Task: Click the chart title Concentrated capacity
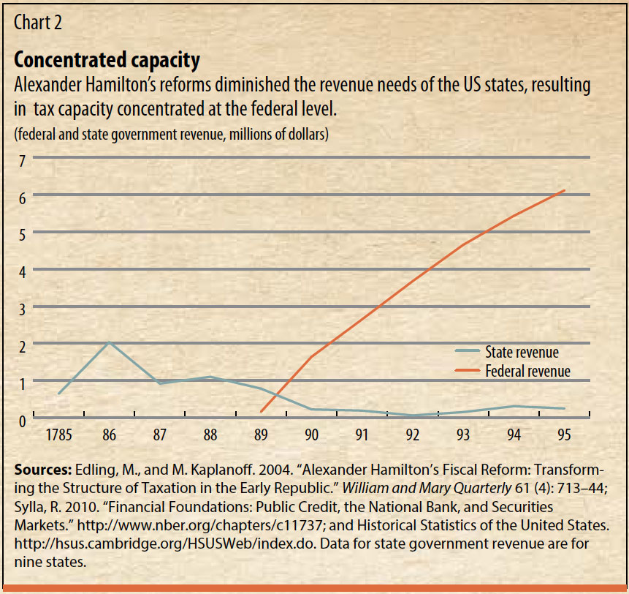click(107, 59)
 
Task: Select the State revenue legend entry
click(522, 352)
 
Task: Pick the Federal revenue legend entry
click(527, 372)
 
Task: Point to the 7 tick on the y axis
click(23, 159)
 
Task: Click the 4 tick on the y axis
click(23, 271)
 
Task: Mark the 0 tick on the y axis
click(23, 420)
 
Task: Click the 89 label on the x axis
click(261, 435)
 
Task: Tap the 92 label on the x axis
click(413, 435)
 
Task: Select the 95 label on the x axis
click(564, 435)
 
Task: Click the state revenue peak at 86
click(109, 342)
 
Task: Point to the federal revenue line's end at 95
click(564, 190)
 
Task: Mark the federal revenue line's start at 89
click(261, 412)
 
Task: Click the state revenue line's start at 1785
click(58, 394)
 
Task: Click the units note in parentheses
click(172, 134)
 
